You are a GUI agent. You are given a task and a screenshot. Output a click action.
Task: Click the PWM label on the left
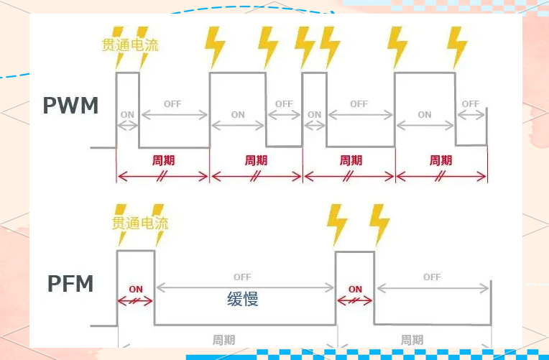(x=70, y=106)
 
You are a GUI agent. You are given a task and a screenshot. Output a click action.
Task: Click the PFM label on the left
(x=70, y=284)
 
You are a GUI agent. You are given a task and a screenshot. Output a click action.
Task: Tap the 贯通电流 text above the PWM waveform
(x=130, y=45)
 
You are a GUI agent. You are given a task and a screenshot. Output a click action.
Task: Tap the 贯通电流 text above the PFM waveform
(x=140, y=223)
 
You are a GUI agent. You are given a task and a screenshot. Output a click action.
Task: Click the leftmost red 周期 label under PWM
(x=163, y=160)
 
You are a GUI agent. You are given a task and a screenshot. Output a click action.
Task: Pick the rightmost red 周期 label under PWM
(x=441, y=160)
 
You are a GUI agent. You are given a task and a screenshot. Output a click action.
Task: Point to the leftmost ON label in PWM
(x=127, y=114)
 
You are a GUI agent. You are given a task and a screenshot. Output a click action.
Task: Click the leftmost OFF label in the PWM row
(x=172, y=103)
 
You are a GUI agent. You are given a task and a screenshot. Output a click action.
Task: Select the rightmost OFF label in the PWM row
(x=471, y=103)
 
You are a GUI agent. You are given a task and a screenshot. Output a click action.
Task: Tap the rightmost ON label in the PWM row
(x=425, y=114)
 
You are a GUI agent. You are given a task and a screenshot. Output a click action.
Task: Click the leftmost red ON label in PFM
(x=136, y=289)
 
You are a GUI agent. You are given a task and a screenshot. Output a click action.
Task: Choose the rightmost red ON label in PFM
(x=355, y=289)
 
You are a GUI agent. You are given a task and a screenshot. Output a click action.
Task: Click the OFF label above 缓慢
(x=242, y=277)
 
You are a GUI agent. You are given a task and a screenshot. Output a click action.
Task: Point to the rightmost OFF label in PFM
(x=432, y=277)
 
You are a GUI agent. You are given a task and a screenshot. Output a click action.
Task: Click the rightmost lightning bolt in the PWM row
(x=456, y=46)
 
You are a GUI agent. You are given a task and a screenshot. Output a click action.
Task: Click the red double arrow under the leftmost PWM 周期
(x=163, y=175)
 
